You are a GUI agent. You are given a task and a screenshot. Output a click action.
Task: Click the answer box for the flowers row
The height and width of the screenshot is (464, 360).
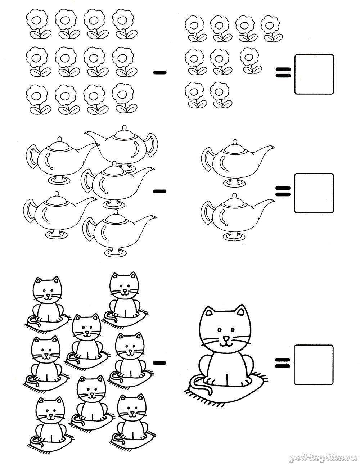pyautogui.click(x=314, y=74)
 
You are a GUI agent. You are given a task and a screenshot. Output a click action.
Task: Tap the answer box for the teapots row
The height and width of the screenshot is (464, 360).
pyautogui.click(x=314, y=193)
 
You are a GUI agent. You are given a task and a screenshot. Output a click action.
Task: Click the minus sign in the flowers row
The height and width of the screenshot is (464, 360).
pyautogui.click(x=160, y=73)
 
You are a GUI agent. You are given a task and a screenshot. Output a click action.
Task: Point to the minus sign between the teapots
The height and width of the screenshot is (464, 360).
pyautogui.click(x=160, y=191)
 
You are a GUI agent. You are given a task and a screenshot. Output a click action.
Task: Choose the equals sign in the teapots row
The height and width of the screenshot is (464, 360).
pyautogui.click(x=283, y=191)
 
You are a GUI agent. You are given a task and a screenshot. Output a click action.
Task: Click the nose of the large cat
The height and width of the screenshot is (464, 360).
pyautogui.click(x=226, y=338)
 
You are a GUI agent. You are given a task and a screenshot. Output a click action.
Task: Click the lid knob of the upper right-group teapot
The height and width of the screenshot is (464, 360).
pyautogui.click(x=235, y=142)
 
